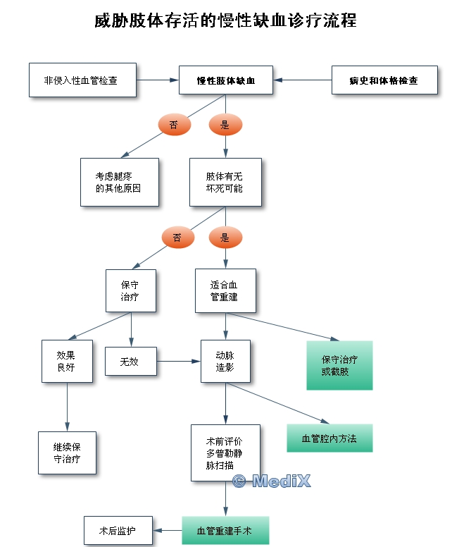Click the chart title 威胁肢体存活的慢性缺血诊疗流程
[225, 21]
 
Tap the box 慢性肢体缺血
[226, 80]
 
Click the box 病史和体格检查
[383, 80]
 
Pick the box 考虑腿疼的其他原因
[119, 182]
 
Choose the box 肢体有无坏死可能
[225, 182]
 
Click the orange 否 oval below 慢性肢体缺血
[173, 125]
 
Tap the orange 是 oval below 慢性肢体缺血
[225, 125]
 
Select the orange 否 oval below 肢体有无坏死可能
[177, 238]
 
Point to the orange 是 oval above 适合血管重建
[225, 238]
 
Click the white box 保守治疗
[130, 290]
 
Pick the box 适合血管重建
[225, 290]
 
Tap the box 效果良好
[67, 361]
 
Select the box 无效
[130, 362]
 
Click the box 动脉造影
[225, 361]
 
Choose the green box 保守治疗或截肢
[339, 365]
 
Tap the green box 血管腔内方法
[329, 438]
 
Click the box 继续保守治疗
[67, 453]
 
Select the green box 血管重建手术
[225, 530]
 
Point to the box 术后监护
[118, 530]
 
